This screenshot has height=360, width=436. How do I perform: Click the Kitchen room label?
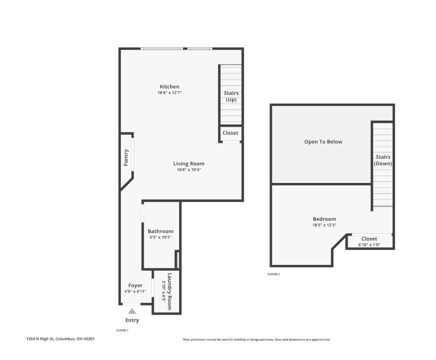click(169, 87)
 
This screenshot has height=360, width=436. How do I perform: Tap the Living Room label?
click(188, 164)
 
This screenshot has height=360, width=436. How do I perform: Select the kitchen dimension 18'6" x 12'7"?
click(169, 93)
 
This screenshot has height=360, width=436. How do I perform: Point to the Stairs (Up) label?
click(231, 96)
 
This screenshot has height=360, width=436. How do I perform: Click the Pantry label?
click(126, 157)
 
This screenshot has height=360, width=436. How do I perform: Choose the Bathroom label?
click(160, 231)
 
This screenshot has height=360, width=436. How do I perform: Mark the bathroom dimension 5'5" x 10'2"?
click(160, 237)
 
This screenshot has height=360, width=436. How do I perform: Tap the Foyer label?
click(135, 286)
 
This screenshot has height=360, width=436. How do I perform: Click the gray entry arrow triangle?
click(132, 311)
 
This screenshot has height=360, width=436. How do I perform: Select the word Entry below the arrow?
click(132, 320)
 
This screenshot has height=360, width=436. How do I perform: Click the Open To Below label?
click(323, 142)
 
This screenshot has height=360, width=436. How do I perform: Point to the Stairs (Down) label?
click(383, 160)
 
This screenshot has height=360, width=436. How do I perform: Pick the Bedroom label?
click(324, 219)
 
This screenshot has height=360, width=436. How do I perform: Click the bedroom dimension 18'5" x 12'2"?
click(324, 225)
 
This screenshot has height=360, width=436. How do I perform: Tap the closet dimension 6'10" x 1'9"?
click(369, 245)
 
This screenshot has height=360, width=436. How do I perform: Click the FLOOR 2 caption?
click(274, 274)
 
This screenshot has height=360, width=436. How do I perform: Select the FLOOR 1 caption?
click(122, 330)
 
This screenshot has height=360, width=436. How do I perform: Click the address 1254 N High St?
click(60, 339)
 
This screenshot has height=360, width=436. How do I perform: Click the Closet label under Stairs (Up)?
click(230, 133)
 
